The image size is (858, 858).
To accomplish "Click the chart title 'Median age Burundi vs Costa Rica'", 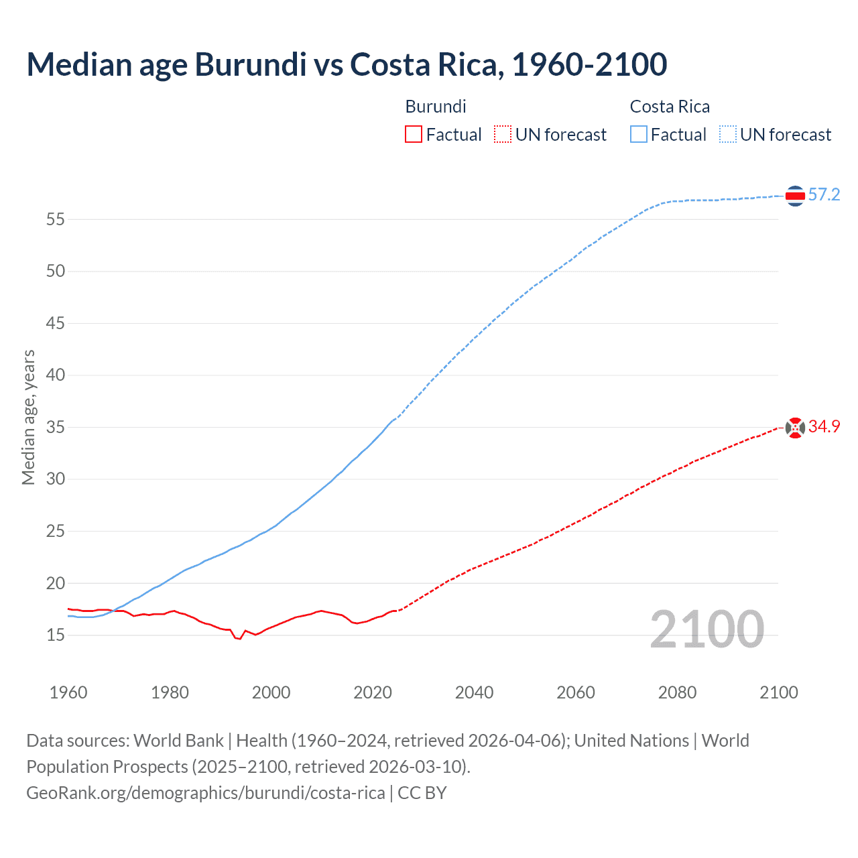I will coord(347,64).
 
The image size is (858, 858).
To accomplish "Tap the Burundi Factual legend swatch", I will coord(414,135).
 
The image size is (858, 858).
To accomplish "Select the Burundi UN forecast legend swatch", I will coord(503,135).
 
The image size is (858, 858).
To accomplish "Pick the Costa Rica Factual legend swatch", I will coord(638,135).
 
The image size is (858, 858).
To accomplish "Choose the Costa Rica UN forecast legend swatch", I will coord(727,135).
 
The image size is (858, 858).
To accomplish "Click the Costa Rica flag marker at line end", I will coord(795,196).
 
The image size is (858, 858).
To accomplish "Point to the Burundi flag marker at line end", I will coord(795,428).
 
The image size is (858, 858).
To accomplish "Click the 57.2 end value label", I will coord(824,195).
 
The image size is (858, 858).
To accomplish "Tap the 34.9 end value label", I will coord(824,427).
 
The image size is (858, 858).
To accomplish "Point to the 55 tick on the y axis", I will coord(56,219).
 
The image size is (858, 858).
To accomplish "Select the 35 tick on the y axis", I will coord(56,427).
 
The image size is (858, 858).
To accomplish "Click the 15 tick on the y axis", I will coord(56,635).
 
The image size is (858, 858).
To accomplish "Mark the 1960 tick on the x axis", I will coord(68,692).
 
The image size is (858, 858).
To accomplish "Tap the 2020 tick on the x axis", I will coord(373,692).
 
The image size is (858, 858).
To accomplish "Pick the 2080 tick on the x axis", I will coord(677,692).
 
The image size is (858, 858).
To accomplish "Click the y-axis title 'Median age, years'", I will coord(28,417).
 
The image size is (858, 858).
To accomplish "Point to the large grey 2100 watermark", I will coord(707,629).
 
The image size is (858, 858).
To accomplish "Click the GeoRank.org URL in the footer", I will coord(205,793).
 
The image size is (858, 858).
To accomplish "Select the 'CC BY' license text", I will coord(422,793).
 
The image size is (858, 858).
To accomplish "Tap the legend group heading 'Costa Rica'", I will coord(670,107).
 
